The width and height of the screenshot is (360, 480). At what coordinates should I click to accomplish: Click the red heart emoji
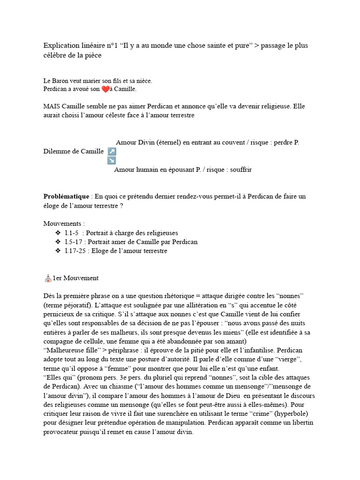tap(105, 89)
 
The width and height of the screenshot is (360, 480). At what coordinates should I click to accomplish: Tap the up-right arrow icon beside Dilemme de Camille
tap(112, 151)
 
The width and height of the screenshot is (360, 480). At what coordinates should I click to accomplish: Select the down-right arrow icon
tap(112, 160)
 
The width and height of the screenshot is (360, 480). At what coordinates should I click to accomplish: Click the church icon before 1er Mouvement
tap(47, 278)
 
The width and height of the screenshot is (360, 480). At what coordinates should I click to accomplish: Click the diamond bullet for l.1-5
tap(58, 233)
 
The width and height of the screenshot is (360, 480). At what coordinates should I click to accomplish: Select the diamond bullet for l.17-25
tap(58, 251)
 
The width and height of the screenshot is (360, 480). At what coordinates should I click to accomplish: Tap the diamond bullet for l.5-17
tap(58, 242)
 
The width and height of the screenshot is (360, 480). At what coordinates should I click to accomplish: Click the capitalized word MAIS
tap(52, 106)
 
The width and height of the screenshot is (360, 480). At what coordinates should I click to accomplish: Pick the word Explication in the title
tap(62, 45)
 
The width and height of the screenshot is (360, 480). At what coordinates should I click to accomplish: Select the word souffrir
tap(241, 169)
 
